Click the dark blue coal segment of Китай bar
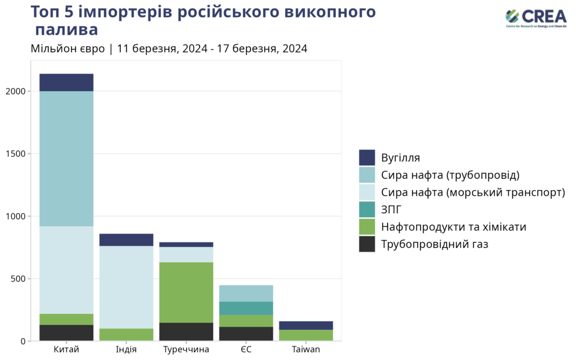tap(66, 82)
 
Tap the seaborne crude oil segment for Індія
tap(126, 287)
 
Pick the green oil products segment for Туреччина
tap(186, 292)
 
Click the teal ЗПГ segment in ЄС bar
tap(246, 308)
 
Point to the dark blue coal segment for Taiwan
tap(306, 325)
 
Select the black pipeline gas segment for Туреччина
tap(186, 331)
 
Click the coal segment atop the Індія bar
tap(126, 240)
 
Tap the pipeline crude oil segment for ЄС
tap(246, 293)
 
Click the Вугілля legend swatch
tap(367, 157)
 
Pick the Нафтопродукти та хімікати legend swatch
tap(367, 227)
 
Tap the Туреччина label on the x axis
tap(186, 350)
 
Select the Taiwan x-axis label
tap(306, 350)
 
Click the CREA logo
tap(535, 18)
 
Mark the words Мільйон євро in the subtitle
tap(67, 48)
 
